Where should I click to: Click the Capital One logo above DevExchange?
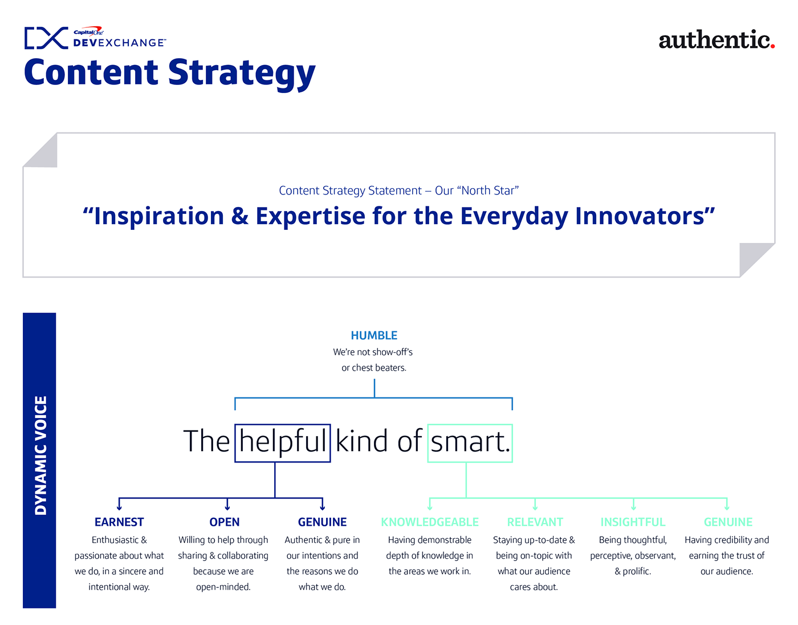tap(88, 31)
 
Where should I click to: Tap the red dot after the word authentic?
tap(772, 46)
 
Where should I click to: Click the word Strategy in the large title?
tap(242, 74)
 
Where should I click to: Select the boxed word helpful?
tap(282, 443)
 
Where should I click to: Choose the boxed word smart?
tap(470, 443)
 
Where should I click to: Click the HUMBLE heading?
tap(374, 335)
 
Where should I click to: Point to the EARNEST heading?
tap(119, 522)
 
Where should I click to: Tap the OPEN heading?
tap(225, 522)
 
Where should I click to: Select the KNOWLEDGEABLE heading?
tap(430, 522)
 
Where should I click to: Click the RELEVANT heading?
tap(535, 522)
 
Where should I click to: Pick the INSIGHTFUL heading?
tap(633, 522)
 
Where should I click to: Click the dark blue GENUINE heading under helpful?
tap(322, 522)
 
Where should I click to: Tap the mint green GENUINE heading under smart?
tap(728, 522)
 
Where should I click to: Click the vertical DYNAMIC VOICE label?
tap(40, 455)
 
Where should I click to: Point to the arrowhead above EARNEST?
tap(119, 508)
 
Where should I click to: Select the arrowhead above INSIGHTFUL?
tap(633, 508)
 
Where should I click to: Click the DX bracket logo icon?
tap(46, 38)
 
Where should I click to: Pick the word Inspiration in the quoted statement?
tap(158, 217)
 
